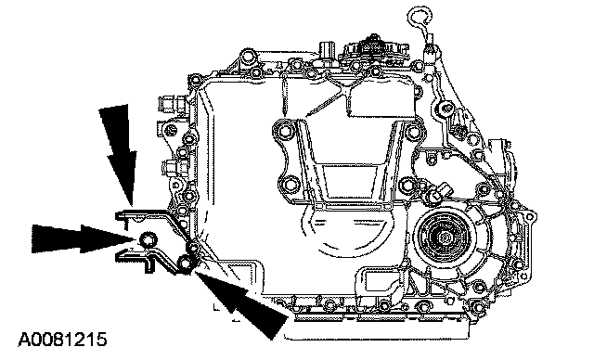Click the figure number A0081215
[62, 340]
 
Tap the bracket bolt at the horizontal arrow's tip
[147, 239]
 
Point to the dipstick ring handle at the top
[420, 17]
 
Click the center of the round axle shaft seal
[444, 238]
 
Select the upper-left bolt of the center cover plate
[285, 132]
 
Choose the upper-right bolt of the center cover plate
[411, 132]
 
